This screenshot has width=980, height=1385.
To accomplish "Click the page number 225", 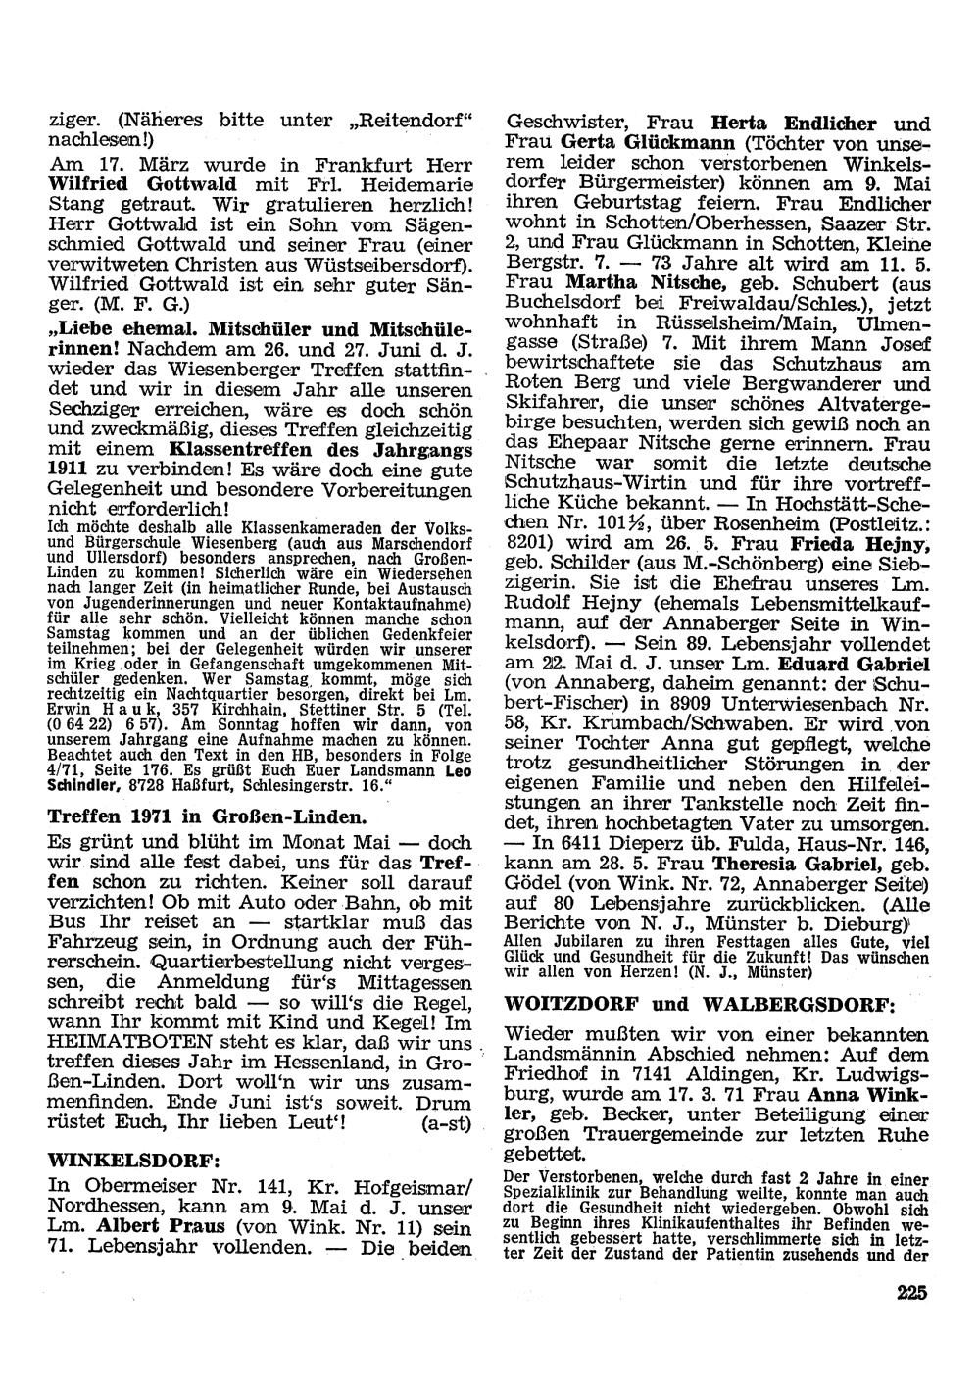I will coord(911,1292).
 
